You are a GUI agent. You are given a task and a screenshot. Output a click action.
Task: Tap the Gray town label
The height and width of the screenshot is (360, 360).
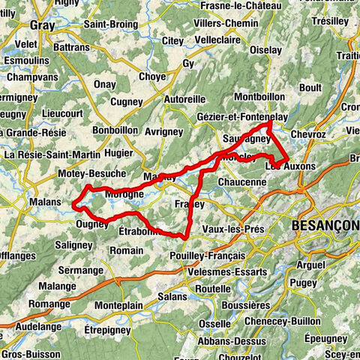click(x=43, y=25)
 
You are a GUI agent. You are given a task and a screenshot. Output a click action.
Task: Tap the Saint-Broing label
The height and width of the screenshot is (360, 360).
click(x=110, y=23)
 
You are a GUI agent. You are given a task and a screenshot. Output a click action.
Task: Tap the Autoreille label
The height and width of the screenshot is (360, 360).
click(x=184, y=99)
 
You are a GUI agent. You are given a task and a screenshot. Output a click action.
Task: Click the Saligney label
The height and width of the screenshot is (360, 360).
click(x=73, y=245)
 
